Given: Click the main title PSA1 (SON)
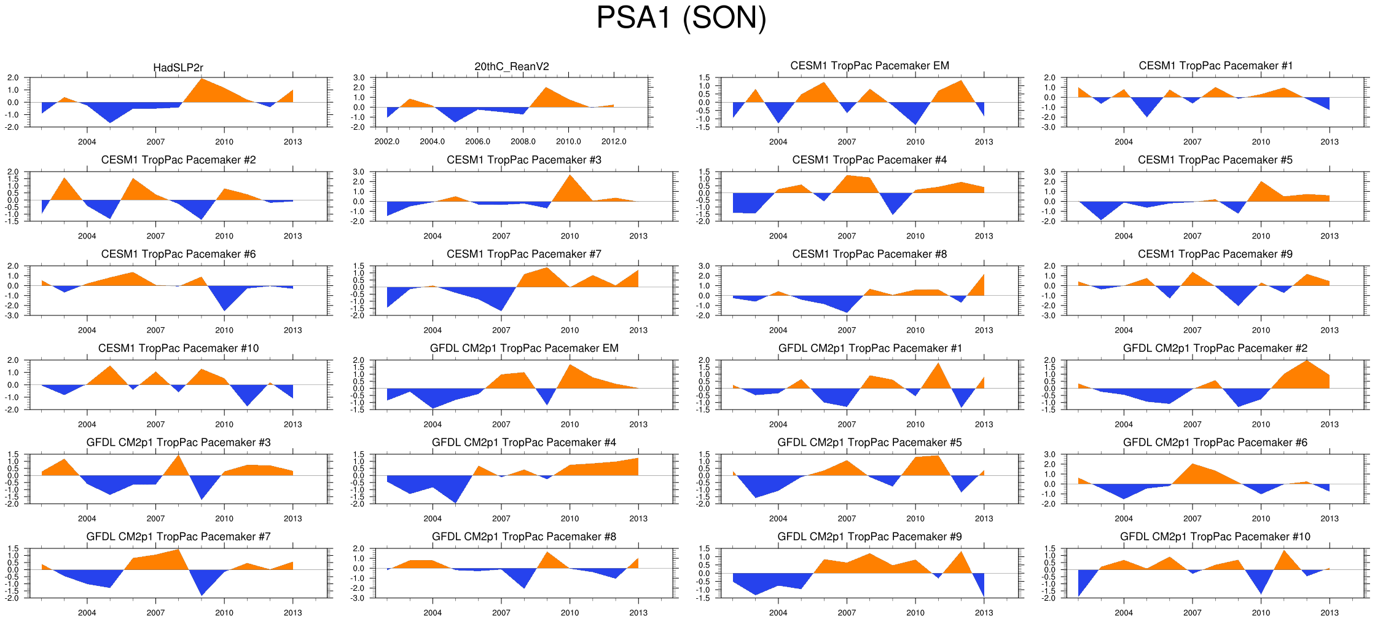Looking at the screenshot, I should coord(681,18).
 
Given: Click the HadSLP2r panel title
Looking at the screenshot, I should coord(178,68).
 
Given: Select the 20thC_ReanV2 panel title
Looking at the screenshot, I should coord(512,66).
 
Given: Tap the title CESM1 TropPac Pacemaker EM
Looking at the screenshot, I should coord(869,66).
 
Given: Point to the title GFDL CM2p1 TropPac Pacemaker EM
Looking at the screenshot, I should coord(524,349).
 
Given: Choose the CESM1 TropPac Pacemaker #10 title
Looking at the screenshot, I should coord(178,349).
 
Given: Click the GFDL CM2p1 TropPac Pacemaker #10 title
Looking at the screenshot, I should coord(1215,537).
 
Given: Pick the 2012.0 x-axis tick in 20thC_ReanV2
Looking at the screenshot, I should coord(614,142).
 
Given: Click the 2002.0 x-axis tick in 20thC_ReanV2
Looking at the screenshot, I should coord(387,142).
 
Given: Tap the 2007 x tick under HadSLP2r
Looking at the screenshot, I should coord(155,142).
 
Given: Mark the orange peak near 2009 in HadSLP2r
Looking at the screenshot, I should coord(202,79).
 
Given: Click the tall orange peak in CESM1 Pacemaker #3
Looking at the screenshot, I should coord(570,176).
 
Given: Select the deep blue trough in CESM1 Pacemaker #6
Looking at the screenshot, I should coord(225,309).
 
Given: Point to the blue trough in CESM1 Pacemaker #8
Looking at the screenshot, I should coord(847,312).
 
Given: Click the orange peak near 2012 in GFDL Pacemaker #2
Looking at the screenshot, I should coord(1307,361).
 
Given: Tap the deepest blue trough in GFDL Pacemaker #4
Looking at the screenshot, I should coord(456,502).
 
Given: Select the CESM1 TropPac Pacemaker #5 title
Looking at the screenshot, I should coord(1215,160).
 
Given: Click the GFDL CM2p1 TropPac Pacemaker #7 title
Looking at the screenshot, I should coord(178,537).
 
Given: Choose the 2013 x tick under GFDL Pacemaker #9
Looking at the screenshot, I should coord(984,613).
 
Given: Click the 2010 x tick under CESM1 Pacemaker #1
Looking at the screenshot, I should coord(1261,142).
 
